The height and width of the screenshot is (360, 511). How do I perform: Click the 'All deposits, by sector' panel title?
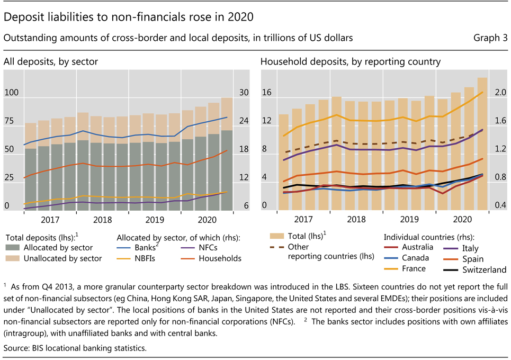click(50, 62)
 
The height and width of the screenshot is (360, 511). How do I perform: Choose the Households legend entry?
click(220, 258)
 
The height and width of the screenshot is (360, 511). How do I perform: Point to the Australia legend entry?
click(417, 247)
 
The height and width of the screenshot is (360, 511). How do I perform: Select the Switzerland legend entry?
click(483, 270)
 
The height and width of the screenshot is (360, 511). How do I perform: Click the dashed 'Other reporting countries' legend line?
click(274, 247)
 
